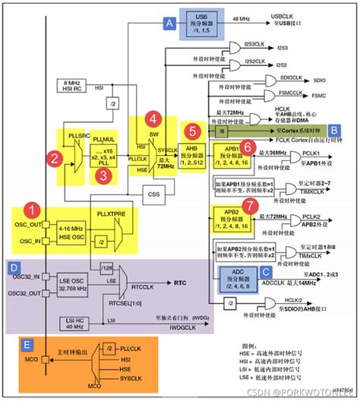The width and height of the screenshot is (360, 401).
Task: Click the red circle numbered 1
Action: [30, 207]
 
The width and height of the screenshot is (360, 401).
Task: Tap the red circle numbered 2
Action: [54, 159]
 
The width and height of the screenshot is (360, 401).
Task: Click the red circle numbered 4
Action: [153, 118]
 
